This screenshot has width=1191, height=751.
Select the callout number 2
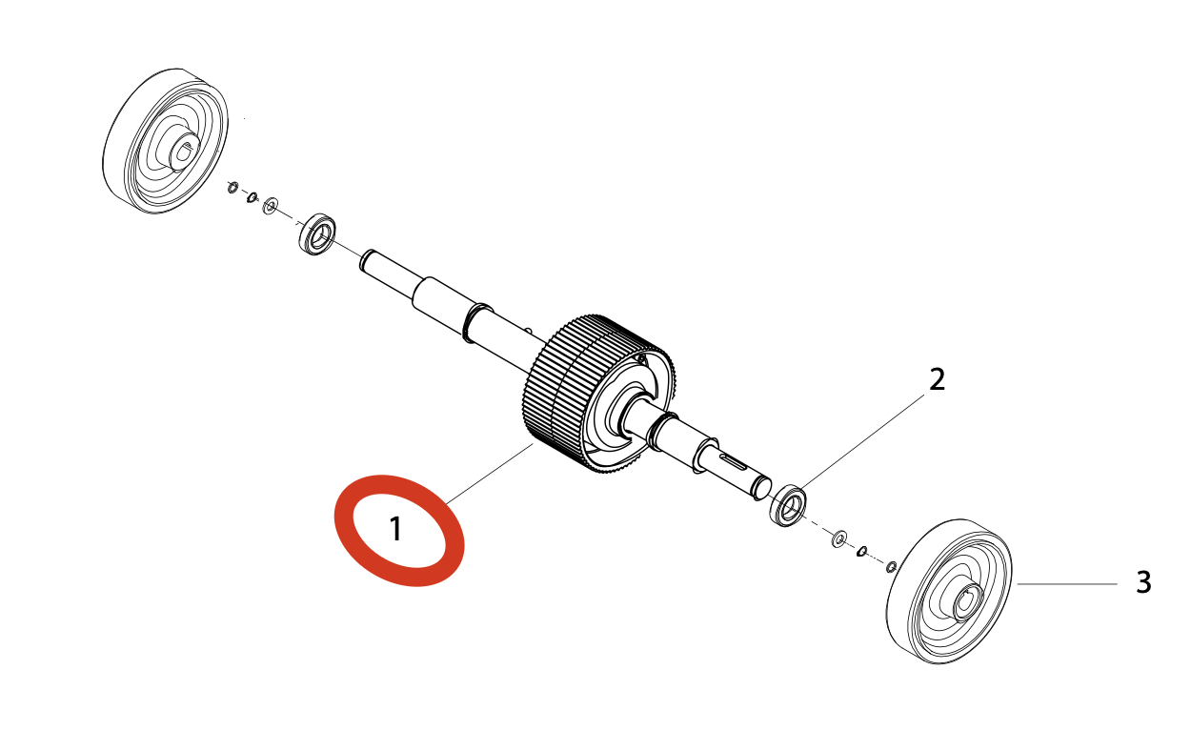(x=938, y=379)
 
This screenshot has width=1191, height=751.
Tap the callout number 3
(x=1143, y=582)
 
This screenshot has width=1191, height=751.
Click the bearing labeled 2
(x=788, y=504)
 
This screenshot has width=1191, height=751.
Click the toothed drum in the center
(x=572, y=391)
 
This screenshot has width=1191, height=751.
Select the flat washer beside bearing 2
(x=839, y=539)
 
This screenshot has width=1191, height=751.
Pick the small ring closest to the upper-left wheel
(x=232, y=188)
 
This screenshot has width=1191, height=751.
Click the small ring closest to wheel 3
(x=892, y=567)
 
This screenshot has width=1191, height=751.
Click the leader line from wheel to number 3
(x=1067, y=583)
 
